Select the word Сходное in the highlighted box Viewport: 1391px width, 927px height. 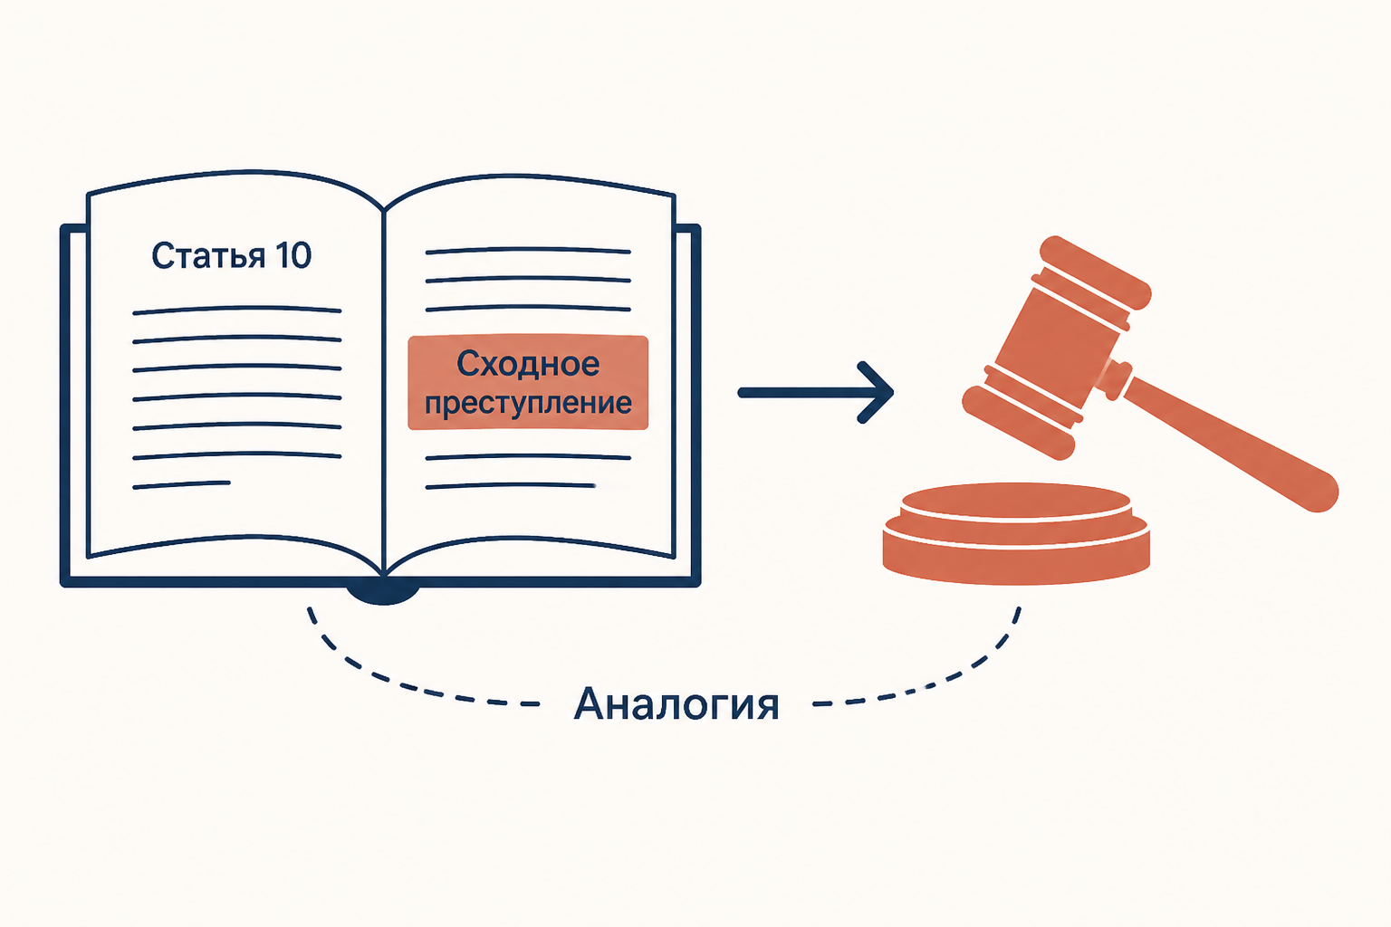pos(528,364)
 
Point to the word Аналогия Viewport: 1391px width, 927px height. pos(676,704)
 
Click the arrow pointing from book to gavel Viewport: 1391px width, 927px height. pos(815,392)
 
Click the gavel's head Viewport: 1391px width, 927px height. pos(1057,349)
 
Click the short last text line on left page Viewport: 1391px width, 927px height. pos(181,485)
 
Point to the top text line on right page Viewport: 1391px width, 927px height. pos(528,251)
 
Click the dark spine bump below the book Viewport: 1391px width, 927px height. pos(383,593)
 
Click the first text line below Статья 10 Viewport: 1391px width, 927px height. pos(236,310)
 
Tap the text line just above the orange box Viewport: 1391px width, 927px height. pos(528,308)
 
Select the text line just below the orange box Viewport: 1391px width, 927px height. pos(528,457)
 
